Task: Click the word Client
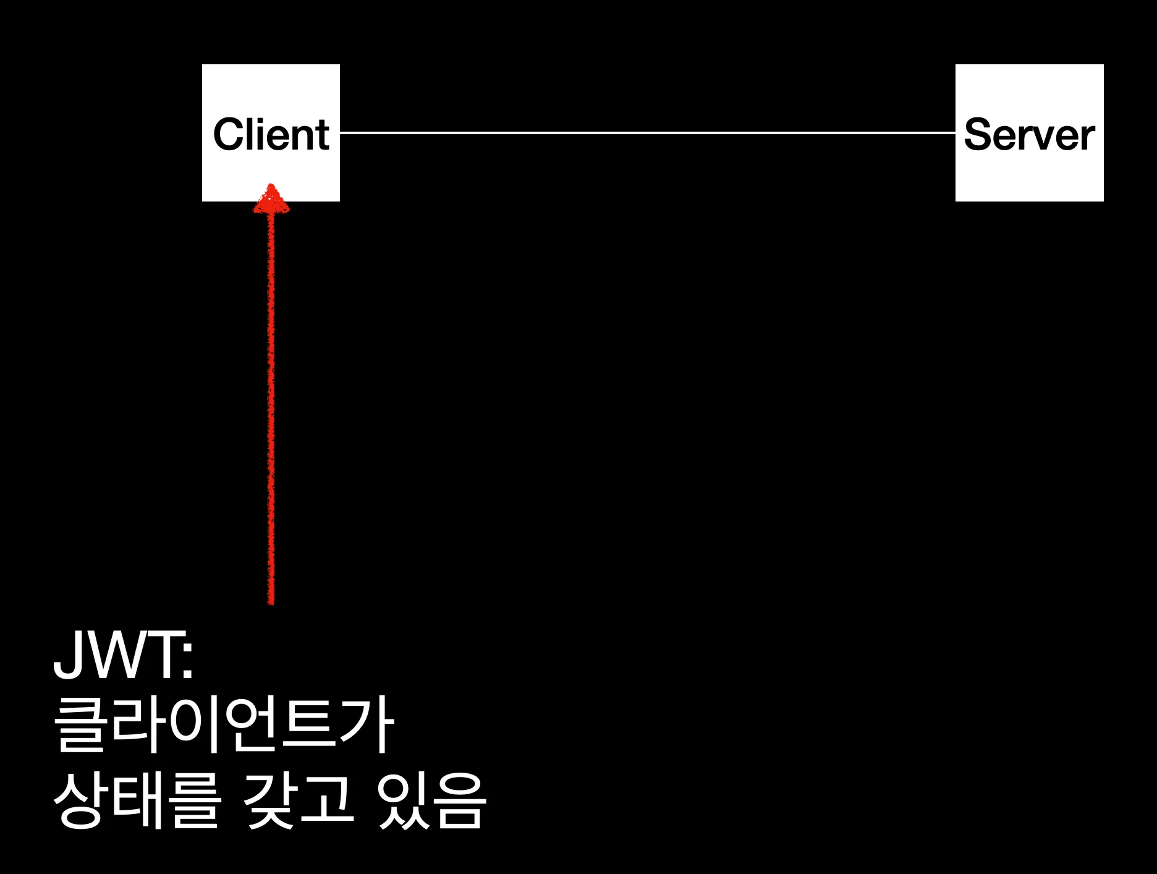click(x=271, y=134)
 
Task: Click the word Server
click(x=1029, y=134)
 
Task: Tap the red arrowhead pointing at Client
click(x=271, y=200)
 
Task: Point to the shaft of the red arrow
click(x=271, y=402)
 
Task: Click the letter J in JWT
click(x=68, y=655)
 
